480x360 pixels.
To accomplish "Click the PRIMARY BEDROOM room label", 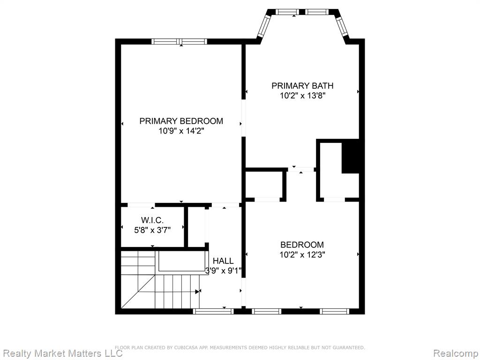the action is tap(181, 121).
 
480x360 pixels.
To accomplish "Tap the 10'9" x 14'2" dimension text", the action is tap(181, 131).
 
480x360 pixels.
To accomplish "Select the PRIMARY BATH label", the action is tap(302, 86).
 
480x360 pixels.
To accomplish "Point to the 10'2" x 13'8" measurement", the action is tap(302, 96).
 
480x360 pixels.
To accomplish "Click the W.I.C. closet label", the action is tap(152, 220).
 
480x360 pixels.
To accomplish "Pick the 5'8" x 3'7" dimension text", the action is tap(152, 230).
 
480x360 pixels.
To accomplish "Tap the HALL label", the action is tap(223, 261).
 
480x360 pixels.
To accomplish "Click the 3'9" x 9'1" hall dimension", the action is tap(224, 271).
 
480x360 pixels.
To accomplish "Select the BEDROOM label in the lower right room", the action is tap(302, 245).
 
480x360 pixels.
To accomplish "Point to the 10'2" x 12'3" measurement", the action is tap(302, 255).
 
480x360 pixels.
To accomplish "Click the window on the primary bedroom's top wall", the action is tap(180, 42).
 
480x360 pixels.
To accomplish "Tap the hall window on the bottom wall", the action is tap(213, 311).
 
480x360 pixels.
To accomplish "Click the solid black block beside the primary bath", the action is tap(351, 156).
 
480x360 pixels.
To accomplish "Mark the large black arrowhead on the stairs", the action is tap(197, 292).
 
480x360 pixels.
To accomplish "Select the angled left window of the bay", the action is tap(263, 26).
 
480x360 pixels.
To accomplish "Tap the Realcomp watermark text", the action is tap(457, 353).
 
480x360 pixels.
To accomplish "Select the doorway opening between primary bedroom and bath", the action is tap(244, 118).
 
